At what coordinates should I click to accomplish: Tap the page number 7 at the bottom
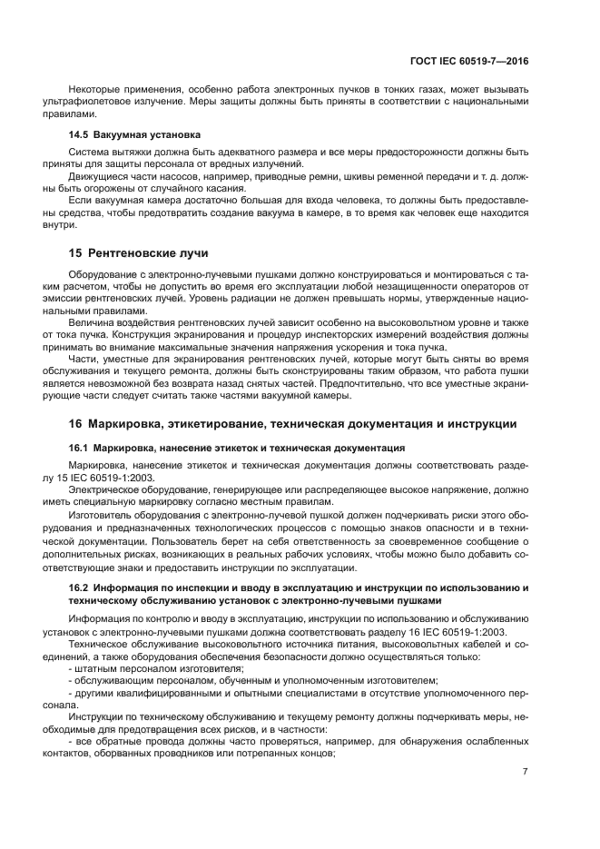526,771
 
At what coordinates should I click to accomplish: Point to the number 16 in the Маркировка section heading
76,423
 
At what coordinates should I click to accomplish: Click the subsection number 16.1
79,448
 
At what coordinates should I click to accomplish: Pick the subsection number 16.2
79,587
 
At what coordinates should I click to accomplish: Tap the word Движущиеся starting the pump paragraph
97,174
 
